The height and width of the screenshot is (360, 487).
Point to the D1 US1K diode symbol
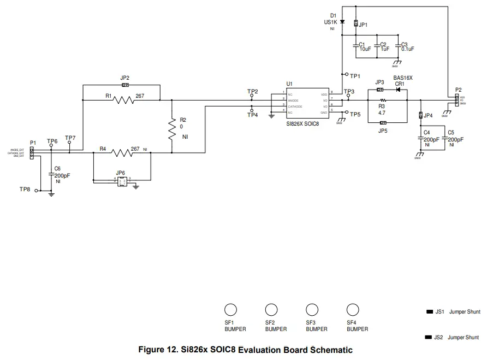click(x=342, y=22)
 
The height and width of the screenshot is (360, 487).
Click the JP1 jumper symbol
click(x=355, y=24)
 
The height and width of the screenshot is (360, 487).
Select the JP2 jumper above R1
click(x=125, y=85)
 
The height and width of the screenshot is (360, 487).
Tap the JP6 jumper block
click(x=121, y=181)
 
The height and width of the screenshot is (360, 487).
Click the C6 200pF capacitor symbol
click(x=51, y=174)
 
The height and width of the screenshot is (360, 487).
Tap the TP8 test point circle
click(x=36, y=191)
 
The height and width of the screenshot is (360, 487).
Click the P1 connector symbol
click(x=32, y=153)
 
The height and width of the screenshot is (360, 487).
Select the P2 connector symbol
click(x=457, y=100)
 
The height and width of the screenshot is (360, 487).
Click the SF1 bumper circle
click(x=231, y=310)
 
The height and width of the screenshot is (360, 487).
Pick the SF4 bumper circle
click(x=353, y=310)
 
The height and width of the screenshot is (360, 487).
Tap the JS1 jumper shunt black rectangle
click(x=429, y=312)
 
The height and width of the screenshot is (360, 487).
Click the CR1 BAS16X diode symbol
click(x=399, y=89)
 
